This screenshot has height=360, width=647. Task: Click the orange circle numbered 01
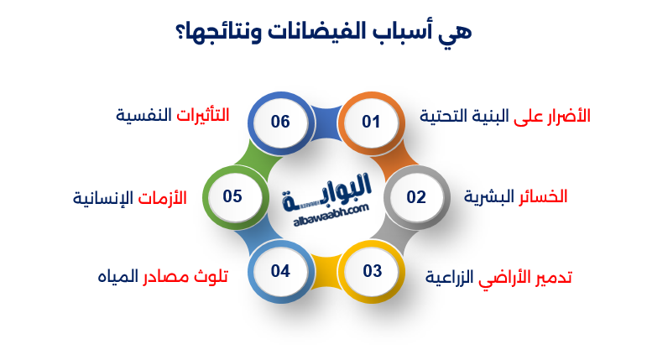[371, 123]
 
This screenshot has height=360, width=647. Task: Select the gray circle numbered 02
[416, 197]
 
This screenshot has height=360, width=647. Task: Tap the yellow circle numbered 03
[372, 271]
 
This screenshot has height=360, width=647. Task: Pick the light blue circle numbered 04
[280, 271]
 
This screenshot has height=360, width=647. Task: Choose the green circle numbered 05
[232, 197]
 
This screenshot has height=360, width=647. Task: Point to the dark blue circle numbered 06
[280, 123]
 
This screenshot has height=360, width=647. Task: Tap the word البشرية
[484, 196]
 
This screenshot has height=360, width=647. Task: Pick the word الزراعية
[451, 277]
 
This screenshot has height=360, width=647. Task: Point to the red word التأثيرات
[202, 114]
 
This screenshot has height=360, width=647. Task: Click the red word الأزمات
[159, 198]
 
